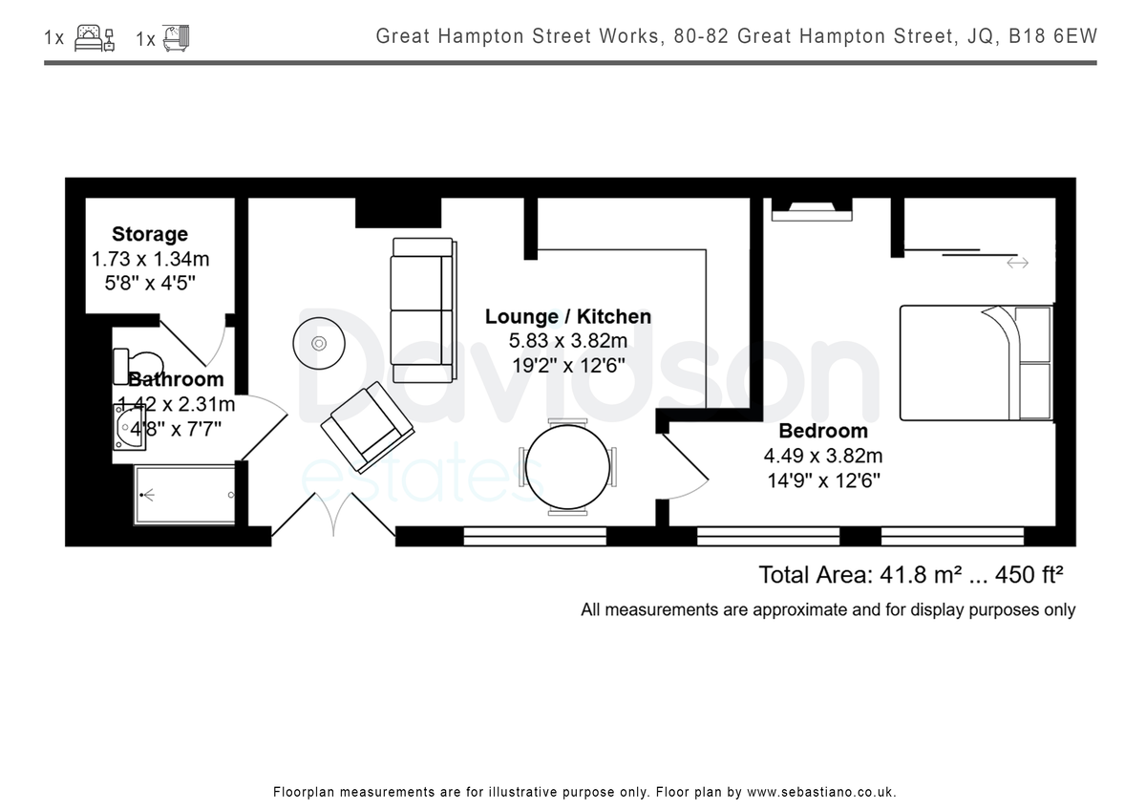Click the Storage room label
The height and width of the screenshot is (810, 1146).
click(x=150, y=234)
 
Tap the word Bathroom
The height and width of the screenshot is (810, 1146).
click(x=176, y=379)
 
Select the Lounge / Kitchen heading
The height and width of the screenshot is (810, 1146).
click(x=568, y=316)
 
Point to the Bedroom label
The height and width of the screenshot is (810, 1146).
click(x=823, y=431)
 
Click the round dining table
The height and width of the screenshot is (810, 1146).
click(x=568, y=467)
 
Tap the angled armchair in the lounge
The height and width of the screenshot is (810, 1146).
click(x=368, y=427)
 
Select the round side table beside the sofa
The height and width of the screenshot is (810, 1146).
click(x=319, y=343)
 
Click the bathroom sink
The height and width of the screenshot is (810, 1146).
click(x=129, y=427)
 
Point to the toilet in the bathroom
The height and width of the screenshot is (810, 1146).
click(x=138, y=366)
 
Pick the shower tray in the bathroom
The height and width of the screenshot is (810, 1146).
click(x=184, y=495)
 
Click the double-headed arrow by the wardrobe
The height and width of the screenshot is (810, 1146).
click(x=1018, y=263)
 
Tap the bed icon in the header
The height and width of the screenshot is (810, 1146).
click(x=95, y=38)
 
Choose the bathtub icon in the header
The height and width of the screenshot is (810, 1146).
click(x=177, y=38)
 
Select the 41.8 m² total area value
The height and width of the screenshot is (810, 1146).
click(x=921, y=575)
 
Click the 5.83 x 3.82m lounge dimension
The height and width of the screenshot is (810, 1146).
click(x=568, y=340)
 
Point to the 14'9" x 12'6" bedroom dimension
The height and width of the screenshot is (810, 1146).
click(x=823, y=480)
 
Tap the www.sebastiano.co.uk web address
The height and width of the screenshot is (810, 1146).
click(x=821, y=792)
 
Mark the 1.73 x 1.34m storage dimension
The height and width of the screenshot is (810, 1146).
click(x=151, y=259)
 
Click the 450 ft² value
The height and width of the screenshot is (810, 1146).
click(x=1029, y=575)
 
